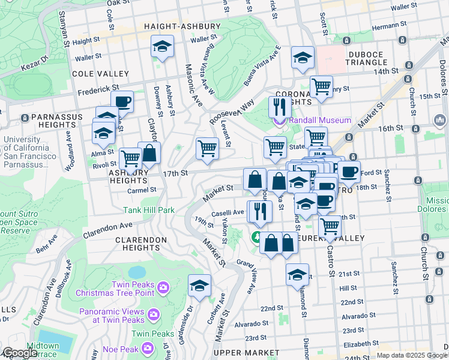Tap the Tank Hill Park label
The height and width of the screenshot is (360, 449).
149,210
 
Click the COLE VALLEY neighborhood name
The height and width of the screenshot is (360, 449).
100,74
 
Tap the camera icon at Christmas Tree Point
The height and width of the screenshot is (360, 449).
163,289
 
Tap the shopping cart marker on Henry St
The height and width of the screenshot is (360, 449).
321,86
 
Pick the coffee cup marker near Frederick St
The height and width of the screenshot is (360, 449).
122,101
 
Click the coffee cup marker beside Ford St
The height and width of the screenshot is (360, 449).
349,171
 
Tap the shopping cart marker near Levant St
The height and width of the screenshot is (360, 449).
207,148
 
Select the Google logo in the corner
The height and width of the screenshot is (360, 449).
19,353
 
